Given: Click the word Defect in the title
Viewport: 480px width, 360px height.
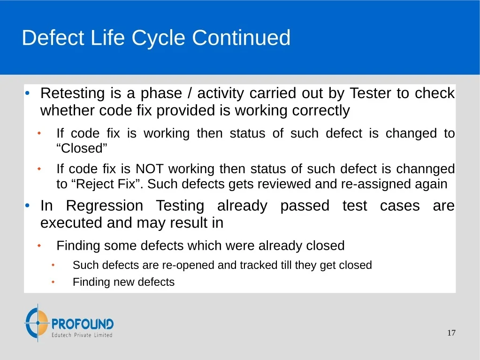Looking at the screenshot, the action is (x=53, y=38).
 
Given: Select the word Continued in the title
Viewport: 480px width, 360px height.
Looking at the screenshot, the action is (x=241, y=38).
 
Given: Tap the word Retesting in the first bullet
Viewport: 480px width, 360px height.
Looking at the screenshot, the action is (x=73, y=93).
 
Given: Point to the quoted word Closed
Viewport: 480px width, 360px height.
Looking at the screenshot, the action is (x=82, y=148).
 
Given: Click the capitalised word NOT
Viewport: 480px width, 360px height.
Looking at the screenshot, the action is (x=149, y=169).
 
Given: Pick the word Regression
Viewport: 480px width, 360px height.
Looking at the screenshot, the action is (x=104, y=206).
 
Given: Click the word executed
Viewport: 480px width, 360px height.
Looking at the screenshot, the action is (x=71, y=222).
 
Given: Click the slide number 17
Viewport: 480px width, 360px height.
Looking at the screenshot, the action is (x=451, y=333).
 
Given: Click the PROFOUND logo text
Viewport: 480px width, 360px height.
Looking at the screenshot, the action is (x=83, y=324).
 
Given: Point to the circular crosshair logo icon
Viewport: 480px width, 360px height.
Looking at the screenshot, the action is (x=38, y=322).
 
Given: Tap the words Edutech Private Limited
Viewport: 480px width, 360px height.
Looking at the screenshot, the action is (x=82, y=335).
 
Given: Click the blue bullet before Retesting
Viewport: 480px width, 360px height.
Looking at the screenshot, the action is (x=27, y=93).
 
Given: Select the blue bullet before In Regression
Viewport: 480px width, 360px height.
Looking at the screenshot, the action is (x=27, y=206).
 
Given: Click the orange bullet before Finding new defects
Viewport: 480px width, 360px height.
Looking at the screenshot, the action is (x=53, y=282).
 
